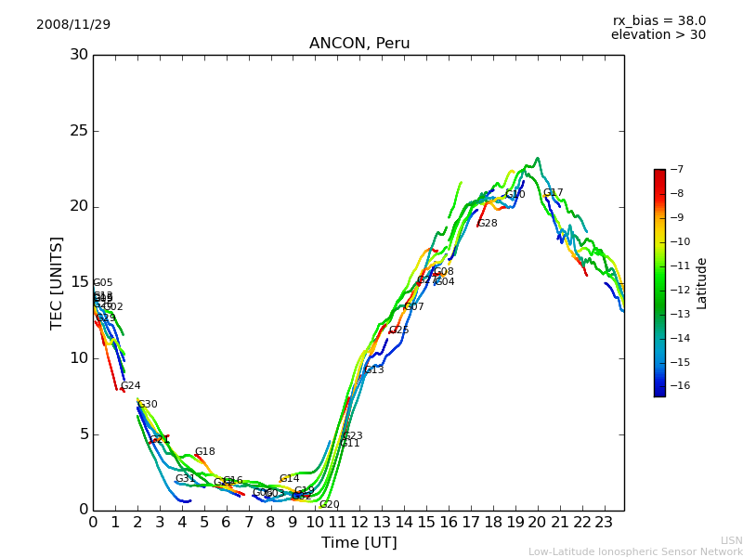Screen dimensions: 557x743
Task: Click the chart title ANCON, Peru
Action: (x=358, y=44)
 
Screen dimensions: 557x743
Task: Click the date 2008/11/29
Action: (x=73, y=25)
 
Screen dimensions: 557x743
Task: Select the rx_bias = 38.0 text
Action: (x=658, y=21)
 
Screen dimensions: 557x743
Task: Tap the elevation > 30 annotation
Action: (x=658, y=35)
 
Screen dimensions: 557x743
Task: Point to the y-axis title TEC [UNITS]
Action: (x=57, y=282)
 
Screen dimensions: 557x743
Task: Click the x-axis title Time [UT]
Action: (x=358, y=543)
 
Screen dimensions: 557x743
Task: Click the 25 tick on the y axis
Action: (x=79, y=131)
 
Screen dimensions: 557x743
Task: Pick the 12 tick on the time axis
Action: (x=359, y=523)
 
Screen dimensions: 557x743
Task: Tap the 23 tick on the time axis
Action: (x=604, y=523)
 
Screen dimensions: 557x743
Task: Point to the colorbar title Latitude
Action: (x=702, y=283)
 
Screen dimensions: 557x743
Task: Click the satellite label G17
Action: (x=554, y=193)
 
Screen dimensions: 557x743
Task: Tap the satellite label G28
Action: (x=488, y=224)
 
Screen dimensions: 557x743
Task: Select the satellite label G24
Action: (x=131, y=386)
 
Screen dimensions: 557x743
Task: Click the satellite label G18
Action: (x=204, y=452)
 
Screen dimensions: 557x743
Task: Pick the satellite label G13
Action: (x=373, y=370)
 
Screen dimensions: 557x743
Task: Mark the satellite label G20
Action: (x=330, y=505)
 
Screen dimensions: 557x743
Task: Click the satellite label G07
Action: (x=413, y=307)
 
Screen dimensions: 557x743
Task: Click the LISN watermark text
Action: (x=731, y=540)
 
